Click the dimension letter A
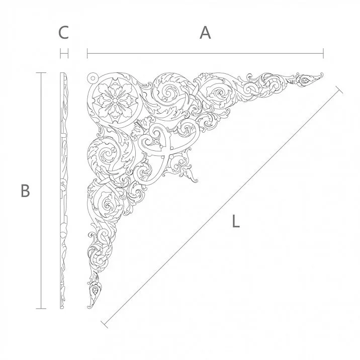pyautogui.click(x=205, y=33)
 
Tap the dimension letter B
pyautogui.click(x=25, y=191)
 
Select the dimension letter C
pyautogui.click(x=63, y=33)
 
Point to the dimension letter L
pyautogui.click(x=235, y=221)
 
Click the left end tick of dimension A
pyautogui.click(x=88, y=53)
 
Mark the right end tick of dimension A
pyautogui.click(x=323, y=53)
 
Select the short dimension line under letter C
pyautogui.click(x=64, y=53)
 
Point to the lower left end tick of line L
pyautogui.click(x=104, y=322)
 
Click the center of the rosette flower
pyautogui.click(x=114, y=100)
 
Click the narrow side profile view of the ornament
pyautogui.click(x=63, y=191)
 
